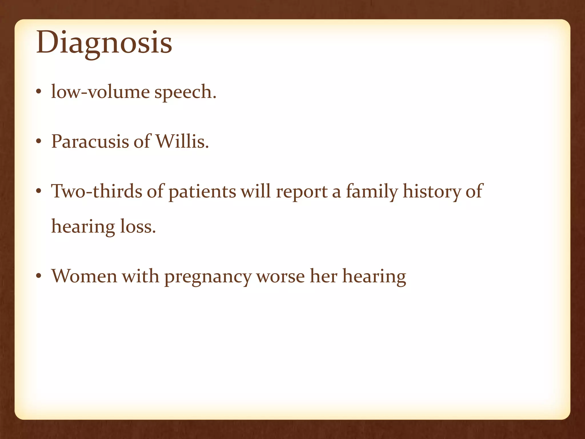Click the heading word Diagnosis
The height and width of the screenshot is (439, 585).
click(x=104, y=43)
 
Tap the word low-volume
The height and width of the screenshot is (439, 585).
click(x=100, y=92)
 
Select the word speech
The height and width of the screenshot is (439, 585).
click(x=185, y=93)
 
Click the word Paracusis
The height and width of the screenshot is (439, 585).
click(x=90, y=141)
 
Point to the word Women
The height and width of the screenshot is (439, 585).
click(x=84, y=276)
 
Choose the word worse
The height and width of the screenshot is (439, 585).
click(x=281, y=277)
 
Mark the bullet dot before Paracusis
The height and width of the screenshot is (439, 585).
click(x=39, y=142)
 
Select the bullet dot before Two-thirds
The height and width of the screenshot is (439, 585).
click(x=39, y=191)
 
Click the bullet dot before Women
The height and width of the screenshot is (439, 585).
click(x=39, y=276)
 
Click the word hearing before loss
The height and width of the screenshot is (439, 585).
click(x=83, y=227)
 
